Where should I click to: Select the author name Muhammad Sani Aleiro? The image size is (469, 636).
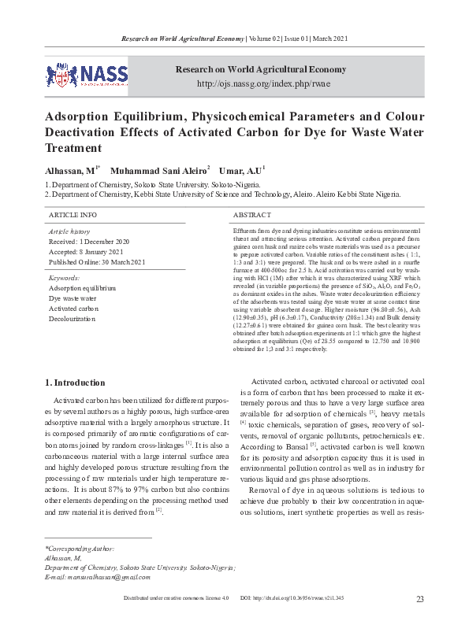(x=158, y=170)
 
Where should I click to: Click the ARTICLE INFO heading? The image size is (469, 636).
(x=73, y=214)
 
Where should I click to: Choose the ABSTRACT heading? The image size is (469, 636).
(x=252, y=214)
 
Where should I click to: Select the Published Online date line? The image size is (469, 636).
(x=97, y=261)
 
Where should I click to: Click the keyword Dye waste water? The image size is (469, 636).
(x=73, y=298)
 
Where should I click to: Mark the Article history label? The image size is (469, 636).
(x=69, y=231)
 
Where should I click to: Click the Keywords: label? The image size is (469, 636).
(x=65, y=278)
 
